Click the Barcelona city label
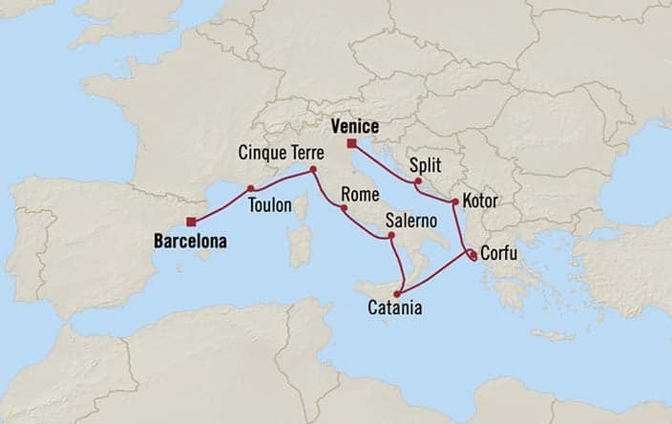190,243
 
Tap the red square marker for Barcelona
192,223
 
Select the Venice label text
355,126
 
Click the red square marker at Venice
352,143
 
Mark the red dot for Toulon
250,188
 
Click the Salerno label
411,220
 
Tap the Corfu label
500,254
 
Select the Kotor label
479,201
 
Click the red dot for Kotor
453,201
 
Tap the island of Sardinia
300,244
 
